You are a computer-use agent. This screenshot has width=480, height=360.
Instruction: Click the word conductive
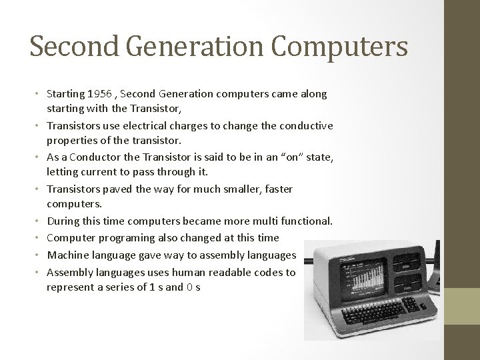pos(305,126)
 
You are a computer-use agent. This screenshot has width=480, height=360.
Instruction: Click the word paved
pos(120,189)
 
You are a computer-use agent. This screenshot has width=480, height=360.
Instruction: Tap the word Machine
pos(68,254)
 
